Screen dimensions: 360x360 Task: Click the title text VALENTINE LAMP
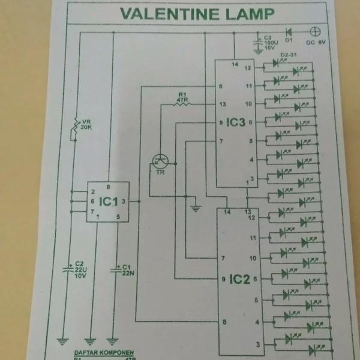coord(197,13)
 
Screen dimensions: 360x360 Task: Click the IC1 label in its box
coord(109,201)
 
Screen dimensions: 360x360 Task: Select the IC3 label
coord(235,122)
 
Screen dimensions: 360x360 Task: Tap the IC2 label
coord(239,278)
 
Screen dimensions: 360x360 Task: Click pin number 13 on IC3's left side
coord(223,104)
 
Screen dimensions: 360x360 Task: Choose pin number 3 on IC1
coord(123,201)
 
